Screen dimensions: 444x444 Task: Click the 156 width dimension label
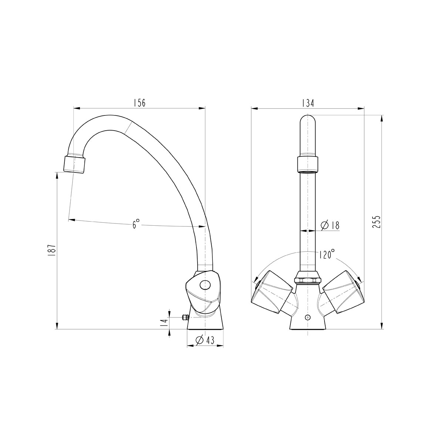point(139,103)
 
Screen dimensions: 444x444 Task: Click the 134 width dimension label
point(308,103)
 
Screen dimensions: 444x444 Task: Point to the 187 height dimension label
point(52,250)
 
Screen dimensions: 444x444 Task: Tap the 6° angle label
point(137,223)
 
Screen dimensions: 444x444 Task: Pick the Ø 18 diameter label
point(330,225)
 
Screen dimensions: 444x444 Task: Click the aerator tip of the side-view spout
point(75,164)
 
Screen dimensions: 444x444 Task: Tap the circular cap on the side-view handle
point(204,285)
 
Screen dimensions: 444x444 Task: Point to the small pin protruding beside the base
point(184,317)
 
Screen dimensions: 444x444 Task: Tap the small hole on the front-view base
point(307,317)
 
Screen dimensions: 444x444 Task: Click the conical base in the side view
point(205,322)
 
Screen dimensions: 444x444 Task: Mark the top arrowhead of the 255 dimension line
point(381,117)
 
